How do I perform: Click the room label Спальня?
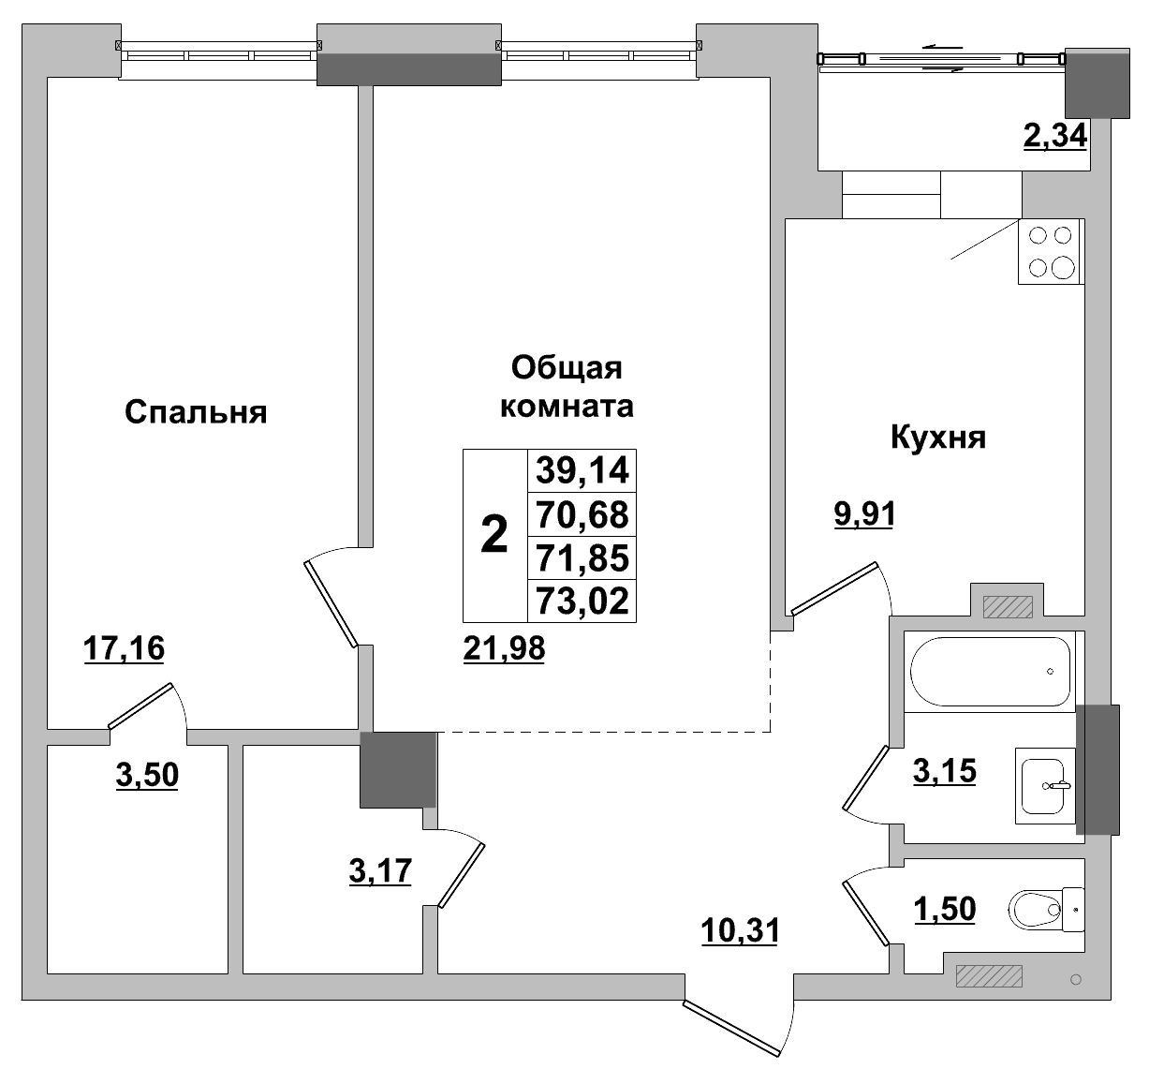[x=196, y=412]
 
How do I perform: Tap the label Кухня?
[x=937, y=437]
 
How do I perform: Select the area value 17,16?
[x=124, y=647]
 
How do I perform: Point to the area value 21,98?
[x=504, y=647]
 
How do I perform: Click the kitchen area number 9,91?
[x=864, y=514]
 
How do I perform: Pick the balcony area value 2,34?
[x=1054, y=137]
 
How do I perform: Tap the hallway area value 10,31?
[x=740, y=930]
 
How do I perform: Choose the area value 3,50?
[x=147, y=775]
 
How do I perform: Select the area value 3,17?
[x=379, y=871]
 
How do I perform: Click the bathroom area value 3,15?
[x=945, y=771]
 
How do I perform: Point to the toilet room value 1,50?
[x=945, y=908]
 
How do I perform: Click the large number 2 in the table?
[x=494, y=536]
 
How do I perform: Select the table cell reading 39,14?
[x=582, y=470]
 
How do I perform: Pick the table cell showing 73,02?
[x=582, y=601]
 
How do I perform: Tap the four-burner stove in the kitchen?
[x=1051, y=251]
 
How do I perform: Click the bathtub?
[x=991, y=671]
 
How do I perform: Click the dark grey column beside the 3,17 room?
[x=399, y=769]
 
